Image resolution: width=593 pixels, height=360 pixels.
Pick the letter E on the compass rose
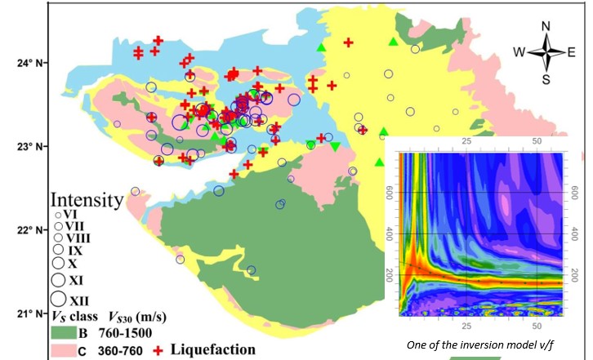[x=572, y=51]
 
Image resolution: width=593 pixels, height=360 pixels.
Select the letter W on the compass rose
[x=519, y=51]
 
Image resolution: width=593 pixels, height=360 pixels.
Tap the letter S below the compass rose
[x=546, y=79]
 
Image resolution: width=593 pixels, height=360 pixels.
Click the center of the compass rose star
[x=546, y=51]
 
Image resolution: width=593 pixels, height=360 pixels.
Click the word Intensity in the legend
[x=83, y=199]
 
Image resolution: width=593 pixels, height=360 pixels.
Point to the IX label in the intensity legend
[x=75, y=251]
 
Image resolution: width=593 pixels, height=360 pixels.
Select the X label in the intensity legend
[x=73, y=264]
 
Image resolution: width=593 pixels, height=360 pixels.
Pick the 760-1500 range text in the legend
[x=123, y=333]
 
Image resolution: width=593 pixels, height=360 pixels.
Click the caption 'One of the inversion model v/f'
[x=487, y=344]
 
